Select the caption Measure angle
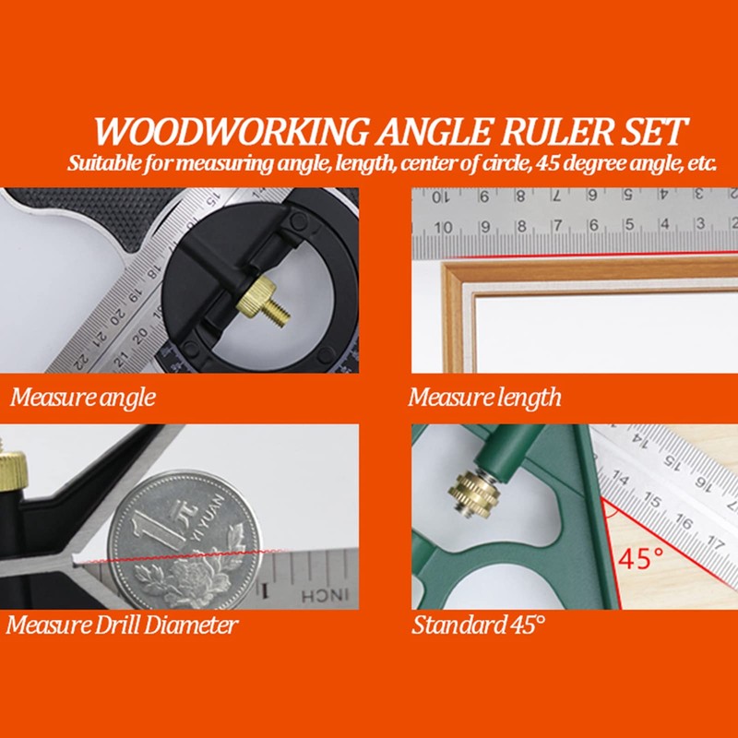[x=83, y=399]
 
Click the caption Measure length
[x=484, y=399]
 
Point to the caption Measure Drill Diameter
[x=123, y=625]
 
